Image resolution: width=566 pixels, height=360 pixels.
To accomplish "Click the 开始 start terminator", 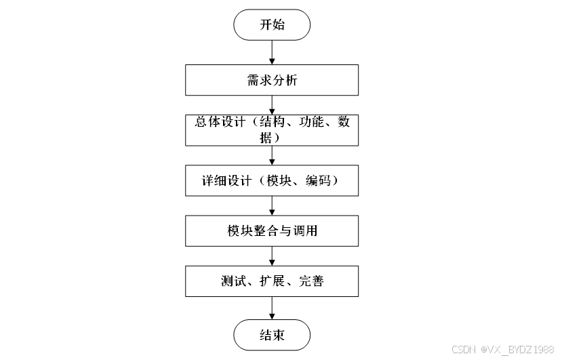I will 272,24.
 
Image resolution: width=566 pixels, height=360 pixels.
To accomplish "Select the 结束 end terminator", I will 272,335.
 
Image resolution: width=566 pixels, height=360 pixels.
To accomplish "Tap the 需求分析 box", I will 272,81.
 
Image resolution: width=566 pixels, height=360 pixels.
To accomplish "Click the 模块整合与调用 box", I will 272,231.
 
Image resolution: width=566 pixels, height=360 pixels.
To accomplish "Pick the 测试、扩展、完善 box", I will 272,281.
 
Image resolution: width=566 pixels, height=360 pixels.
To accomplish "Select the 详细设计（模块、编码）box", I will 272,181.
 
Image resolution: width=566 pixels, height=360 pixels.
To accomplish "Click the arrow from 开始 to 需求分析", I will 272,52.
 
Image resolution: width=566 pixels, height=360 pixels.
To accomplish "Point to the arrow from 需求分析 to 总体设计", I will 272,105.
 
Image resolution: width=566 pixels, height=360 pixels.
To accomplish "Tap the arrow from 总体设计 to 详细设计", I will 272,155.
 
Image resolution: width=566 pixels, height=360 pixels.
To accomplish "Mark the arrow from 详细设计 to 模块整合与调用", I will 272,206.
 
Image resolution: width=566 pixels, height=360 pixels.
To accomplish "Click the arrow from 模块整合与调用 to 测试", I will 272,256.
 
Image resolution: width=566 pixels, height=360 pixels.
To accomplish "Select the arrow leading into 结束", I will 272,308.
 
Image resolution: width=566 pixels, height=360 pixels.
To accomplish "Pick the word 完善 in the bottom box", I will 310,281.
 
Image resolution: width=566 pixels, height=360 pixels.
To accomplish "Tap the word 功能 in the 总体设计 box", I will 306,123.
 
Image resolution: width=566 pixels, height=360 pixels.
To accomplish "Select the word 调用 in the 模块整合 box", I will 304,231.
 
